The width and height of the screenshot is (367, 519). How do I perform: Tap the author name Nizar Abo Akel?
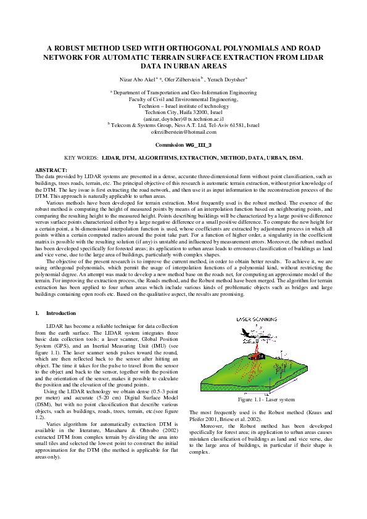point(138,80)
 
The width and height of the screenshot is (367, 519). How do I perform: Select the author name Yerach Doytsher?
point(226,80)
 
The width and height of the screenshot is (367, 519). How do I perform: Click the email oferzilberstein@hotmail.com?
point(183,132)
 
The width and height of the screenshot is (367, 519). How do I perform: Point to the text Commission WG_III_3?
point(183,144)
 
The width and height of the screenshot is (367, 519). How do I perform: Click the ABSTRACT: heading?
point(51,169)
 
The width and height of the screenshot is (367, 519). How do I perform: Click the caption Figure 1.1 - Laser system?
point(262,399)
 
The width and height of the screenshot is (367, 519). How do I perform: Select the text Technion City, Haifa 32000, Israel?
point(183,112)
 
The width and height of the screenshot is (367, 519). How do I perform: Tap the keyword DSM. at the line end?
point(296,158)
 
